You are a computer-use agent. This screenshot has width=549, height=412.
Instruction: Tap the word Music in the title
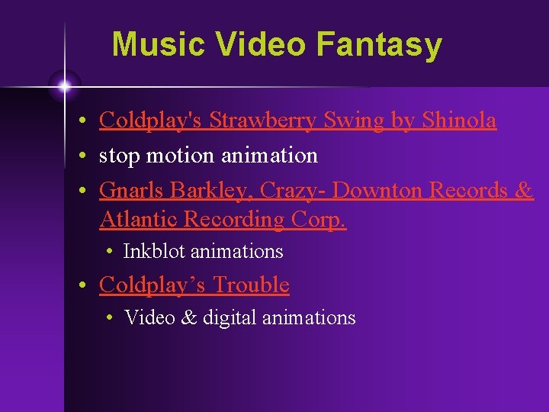(x=159, y=44)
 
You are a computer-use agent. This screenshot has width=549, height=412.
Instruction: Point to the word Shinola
(x=459, y=121)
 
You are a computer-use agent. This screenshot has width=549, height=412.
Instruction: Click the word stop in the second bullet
(x=119, y=156)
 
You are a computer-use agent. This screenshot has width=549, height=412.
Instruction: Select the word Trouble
(x=251, y=285)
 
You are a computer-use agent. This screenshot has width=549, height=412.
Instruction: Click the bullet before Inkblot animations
(x=111, y=252)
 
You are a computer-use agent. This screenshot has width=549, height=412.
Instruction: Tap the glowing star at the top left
(x=64, y=85)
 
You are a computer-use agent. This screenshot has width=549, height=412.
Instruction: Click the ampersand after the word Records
(x=524, y=190)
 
